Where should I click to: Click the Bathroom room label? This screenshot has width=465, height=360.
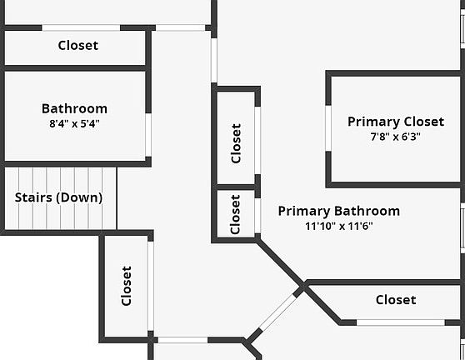[x=74, y=108]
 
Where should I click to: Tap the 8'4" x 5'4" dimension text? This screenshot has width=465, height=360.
[x=74, y=123]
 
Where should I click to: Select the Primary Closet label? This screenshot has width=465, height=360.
[x=396, y=122]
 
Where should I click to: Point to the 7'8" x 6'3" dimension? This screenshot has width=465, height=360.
[x=395, y=137]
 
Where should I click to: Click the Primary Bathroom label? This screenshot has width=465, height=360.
[x=339, y=211]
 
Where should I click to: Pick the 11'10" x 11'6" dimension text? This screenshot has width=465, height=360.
[x=339, y=227]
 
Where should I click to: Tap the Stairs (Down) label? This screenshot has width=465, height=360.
[x=58, y=197]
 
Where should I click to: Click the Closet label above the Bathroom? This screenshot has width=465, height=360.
[x=78, y=45]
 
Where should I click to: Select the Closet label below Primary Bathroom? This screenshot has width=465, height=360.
[x=396, y=300]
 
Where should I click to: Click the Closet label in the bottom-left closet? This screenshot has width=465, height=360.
[x=127, y=286]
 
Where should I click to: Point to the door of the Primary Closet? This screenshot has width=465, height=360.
[x=328, y=128]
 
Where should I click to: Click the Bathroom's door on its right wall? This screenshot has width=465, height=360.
[x=148, y=135]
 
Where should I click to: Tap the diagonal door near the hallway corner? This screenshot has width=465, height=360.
[x=277, y=312]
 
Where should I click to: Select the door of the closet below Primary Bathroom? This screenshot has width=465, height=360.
[x=401, y=322]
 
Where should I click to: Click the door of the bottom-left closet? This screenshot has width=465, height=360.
[x=150, y=286]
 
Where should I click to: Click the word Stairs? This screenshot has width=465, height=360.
[x=33, y=197]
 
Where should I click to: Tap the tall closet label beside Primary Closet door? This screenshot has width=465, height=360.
[x=236, y=143]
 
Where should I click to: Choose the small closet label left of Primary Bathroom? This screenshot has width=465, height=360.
[x=235, y=214]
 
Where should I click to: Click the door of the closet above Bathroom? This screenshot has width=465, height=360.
[x=81, y=27]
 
